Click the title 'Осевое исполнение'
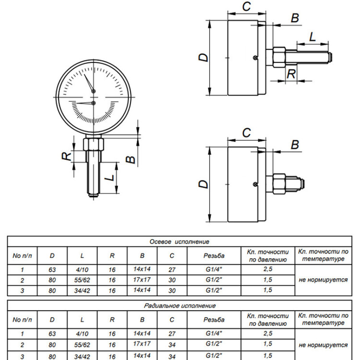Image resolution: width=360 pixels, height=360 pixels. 180,241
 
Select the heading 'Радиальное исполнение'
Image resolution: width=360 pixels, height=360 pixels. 180,306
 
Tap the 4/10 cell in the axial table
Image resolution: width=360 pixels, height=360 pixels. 82,270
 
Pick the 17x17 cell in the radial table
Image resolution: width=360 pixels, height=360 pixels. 142,344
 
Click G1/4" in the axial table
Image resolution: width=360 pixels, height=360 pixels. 214,269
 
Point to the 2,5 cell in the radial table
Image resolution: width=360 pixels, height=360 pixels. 268,334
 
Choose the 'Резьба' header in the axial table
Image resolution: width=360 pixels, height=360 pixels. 214,255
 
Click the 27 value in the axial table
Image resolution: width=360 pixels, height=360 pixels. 172,270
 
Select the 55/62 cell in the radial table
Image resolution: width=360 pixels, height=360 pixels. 82,345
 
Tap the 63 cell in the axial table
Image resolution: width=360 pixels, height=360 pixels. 52,270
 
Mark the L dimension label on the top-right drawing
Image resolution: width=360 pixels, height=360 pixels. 312,36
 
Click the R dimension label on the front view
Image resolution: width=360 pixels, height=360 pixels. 67,156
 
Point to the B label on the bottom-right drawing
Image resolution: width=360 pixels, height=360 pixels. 295,144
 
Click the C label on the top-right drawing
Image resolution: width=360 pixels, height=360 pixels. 247,6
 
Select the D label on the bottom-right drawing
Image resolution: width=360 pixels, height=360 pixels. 203,184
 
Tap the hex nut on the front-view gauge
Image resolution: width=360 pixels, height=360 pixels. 94,144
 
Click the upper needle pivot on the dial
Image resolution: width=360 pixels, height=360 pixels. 94,91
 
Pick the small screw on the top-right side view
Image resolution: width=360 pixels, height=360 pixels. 255,58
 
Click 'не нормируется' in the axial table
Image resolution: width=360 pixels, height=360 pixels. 323,280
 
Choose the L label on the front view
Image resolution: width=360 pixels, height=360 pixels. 111,178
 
